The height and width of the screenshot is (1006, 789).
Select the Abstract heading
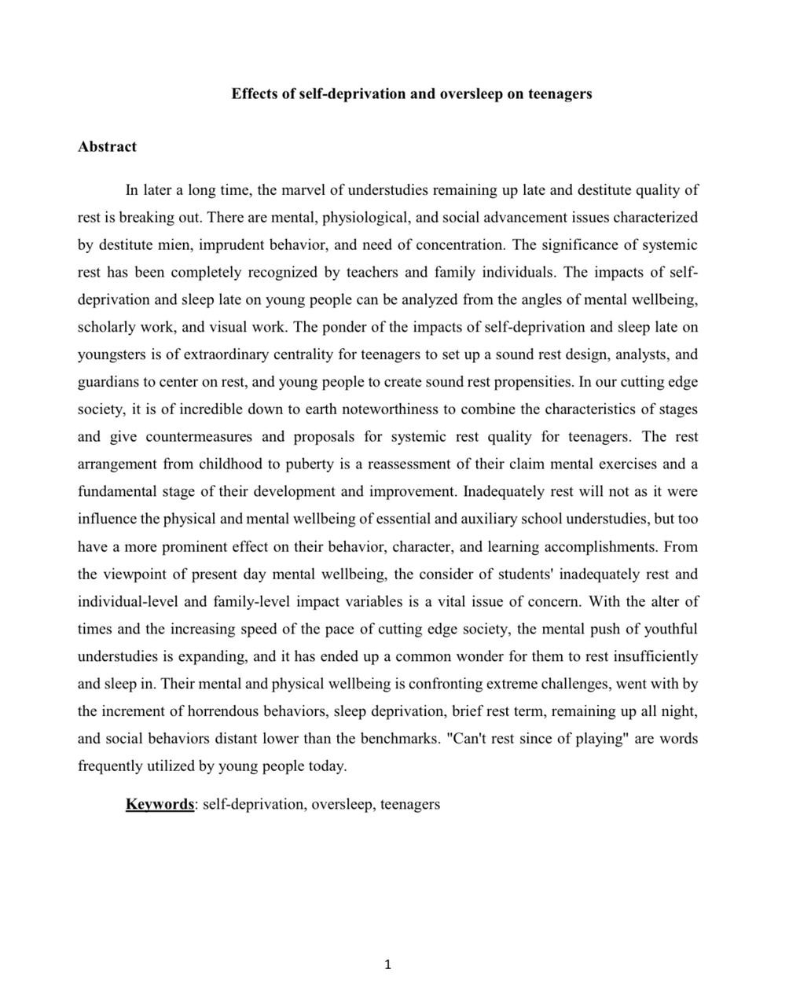[x=107, y=147]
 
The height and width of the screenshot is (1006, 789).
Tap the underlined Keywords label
[x=160, y=804]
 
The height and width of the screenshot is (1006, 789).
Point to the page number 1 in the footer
[x=388, y=965]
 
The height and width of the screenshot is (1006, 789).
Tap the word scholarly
[x=108, y=327]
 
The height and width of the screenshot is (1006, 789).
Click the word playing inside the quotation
[x=591, y=739]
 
